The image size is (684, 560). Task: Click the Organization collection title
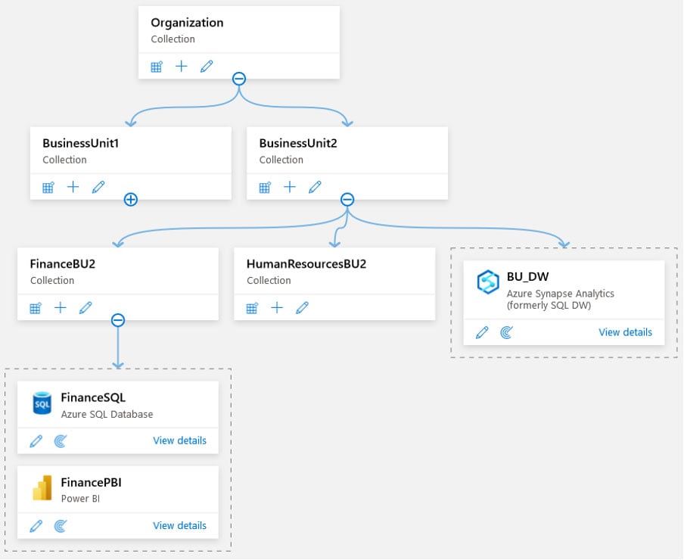tap(187, 23)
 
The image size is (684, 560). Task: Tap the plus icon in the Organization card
tap(182, 67)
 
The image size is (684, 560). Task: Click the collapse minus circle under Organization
tap(239, 79)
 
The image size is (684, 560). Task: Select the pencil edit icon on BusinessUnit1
tap(98, 187)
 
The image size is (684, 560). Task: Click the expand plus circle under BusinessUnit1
tap(131, 200)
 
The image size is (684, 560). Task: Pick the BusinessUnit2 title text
tap(297, 143)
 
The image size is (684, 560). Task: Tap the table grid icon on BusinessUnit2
tap(265, 187)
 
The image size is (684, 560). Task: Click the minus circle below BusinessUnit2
tap(347, 200)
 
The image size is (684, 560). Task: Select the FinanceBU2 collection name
tap(62, 264)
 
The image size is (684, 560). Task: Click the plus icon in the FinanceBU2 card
tap(61, 308)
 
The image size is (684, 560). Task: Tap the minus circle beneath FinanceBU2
tap(118, 320)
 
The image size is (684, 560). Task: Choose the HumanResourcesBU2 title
tap(306, 264)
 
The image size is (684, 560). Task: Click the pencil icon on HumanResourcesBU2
tap(303, 308)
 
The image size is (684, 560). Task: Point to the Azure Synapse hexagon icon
tap(488, 282)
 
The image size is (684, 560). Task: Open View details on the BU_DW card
tap(625, 332)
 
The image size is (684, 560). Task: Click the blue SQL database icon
tap(42, 403)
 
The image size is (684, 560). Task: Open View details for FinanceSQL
tap(179, 440)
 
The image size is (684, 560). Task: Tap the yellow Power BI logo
tap(42, 488)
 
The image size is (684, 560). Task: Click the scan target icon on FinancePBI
tap(61, 526)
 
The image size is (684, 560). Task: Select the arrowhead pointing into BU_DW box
tap(564, 243)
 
